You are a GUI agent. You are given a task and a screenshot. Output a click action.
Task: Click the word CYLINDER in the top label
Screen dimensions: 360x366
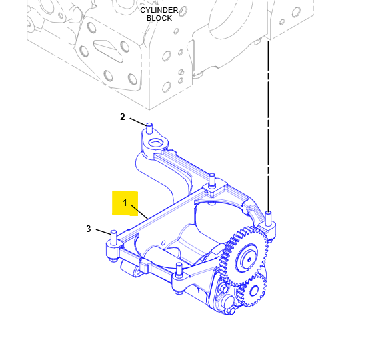point(159,10)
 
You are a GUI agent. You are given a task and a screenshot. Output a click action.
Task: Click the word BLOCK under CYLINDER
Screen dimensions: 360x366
point(159,19)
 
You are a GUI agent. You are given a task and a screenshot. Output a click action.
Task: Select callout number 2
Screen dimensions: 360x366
point(123,117)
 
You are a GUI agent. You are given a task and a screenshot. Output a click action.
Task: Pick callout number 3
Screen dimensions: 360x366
point(89,229)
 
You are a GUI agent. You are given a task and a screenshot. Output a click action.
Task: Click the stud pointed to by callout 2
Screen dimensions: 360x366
point(150,127)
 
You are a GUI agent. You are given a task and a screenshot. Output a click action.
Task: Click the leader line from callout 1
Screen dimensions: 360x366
point(139,212)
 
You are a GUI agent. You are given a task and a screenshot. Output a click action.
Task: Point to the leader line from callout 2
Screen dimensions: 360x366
point(137,121)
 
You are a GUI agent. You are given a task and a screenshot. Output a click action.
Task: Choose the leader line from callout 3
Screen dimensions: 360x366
point(102,231)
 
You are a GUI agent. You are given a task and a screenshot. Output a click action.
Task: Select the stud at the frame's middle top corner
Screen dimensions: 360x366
point(211,180)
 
